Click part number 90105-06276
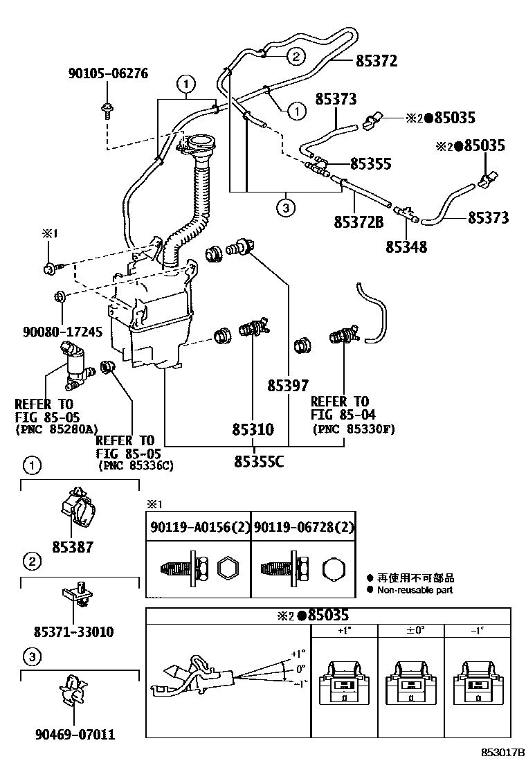(x=108, y=73)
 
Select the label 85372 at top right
(x=377, y=62)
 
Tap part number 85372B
(x=359, y=222)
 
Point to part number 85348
(x=406, y=247)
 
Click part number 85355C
(x=259, y=462)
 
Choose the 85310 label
(x=253, y=430)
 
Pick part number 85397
(x=288, y=386)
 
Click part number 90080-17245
(x=63, y=332)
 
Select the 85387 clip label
(x=73, y=547)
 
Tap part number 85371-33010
(x=73, y=632)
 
